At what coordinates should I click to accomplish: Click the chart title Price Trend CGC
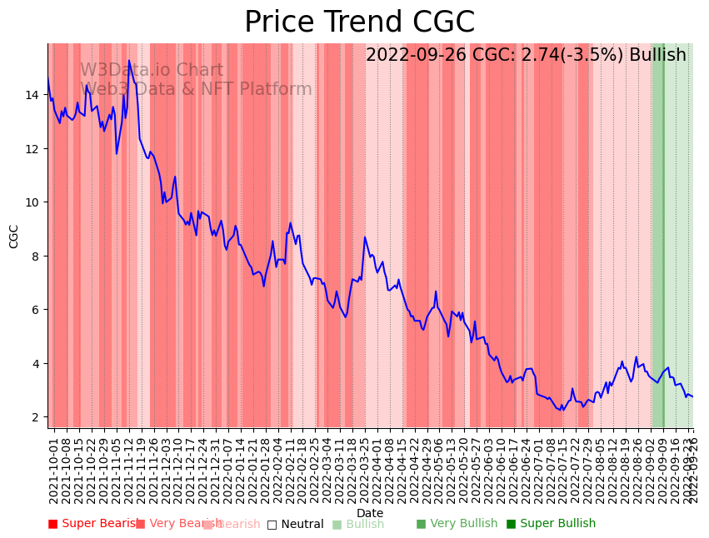pos(359,22)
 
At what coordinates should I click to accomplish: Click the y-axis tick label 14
pos(32,95)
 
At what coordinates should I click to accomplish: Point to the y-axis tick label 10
pos(32,202)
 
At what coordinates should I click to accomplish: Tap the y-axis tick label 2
pos(36,417)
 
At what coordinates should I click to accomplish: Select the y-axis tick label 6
pos(36,310)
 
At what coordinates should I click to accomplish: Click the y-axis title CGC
pos(14,236)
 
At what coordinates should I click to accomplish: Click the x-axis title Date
pos(370,514)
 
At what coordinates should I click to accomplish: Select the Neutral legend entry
pos(295,525)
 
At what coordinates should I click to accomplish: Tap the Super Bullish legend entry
pos(551,524)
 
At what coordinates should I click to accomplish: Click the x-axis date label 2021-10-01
pos(54,469)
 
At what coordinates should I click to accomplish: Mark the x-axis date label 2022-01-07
pos(227,469)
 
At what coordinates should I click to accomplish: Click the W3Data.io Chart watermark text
pos(152,71)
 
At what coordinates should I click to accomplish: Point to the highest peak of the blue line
pos(129,61)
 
